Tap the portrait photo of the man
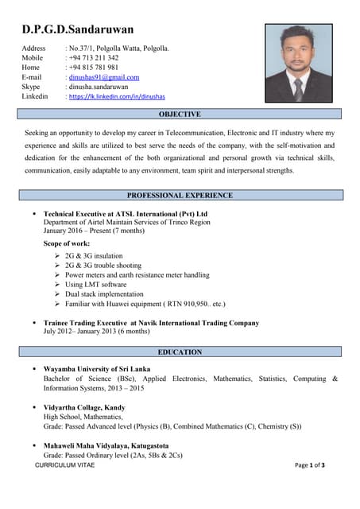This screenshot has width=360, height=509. tap(298, 63)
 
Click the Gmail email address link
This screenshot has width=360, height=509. tap(104, 77)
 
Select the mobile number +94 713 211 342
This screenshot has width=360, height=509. tap(95, 58)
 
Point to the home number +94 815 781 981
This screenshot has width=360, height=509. tap(95, 68)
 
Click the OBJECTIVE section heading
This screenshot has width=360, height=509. tap(180, 115)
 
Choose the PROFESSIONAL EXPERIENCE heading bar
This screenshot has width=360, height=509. tap(180, 195)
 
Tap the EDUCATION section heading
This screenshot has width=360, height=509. tap(180, 352)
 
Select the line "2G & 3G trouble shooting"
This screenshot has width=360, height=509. tap(103, 265)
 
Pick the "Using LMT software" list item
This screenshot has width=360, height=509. tap(95, 284)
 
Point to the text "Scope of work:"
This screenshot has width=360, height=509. tap(67, 243)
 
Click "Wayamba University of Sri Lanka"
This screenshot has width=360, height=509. tap(97, 369)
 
